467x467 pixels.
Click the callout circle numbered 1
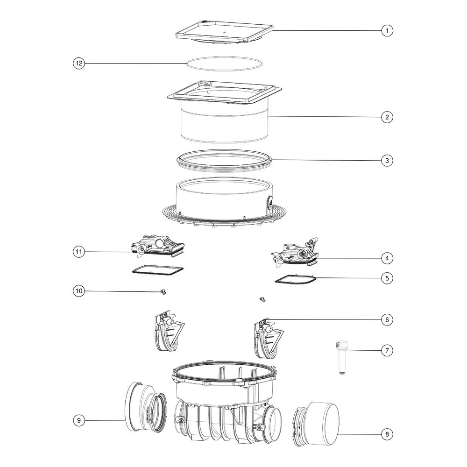coord(387,30)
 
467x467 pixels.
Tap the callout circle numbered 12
coord(79,63)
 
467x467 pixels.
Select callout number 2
coord(387,117)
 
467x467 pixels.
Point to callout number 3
coord(387,161)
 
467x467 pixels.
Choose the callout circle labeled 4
coord(387,258)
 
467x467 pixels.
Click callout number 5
coord(387,278)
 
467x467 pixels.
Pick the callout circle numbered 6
coord(387,320)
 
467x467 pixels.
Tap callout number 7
coord(387,351)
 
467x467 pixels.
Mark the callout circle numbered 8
coord(387,434)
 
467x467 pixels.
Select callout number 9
coord(79,420)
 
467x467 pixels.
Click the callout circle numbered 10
coord(79,290)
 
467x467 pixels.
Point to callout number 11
coord(79,252)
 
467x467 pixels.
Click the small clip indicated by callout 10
coord(163,292)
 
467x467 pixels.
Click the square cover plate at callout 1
coord(224,32)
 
